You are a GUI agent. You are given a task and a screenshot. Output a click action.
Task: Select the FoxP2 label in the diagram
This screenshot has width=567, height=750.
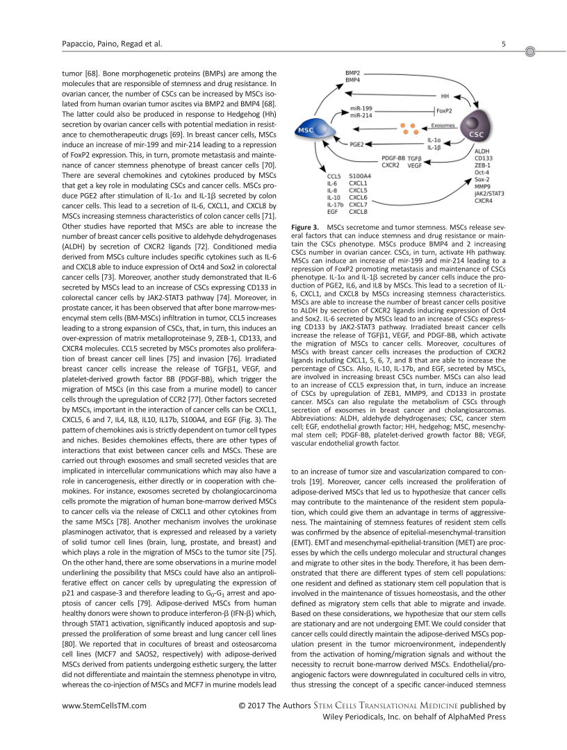(x=444, y=110)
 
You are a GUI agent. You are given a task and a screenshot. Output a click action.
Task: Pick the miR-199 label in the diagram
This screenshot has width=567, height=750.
(x=360, y=109)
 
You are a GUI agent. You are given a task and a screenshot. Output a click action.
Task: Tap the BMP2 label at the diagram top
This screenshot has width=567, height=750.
(x=354, y=73)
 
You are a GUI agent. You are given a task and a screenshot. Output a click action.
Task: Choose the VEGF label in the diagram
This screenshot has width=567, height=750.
(x=415, y=166)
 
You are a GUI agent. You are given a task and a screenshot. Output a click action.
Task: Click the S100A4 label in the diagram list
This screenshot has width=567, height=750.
(x=360, y=176)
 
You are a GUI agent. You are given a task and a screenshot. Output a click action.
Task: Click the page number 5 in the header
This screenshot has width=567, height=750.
(x=503, y=45)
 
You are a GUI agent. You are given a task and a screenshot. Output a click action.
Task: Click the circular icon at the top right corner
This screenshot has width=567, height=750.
(x=532, y=51)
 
